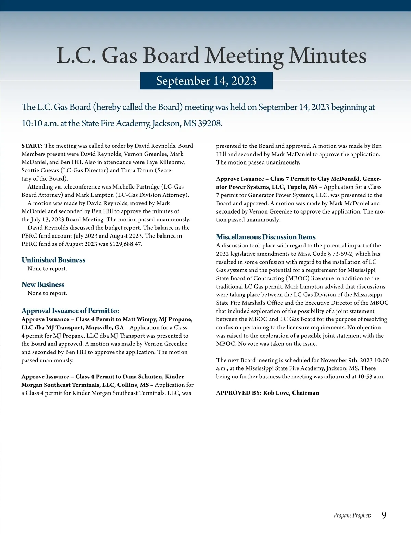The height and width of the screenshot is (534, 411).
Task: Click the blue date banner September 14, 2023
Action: click(206, 81)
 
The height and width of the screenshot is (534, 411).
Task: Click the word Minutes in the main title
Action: click(327, 56)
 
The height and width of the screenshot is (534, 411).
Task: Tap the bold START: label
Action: click(32, 146)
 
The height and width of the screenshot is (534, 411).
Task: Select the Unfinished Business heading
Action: click(53, 260)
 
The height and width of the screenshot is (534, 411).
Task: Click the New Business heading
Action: click(43, 284)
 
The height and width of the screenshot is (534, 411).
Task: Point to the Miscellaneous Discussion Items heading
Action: click(266, 237)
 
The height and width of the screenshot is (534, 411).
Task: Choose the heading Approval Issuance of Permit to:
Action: click(71, 311)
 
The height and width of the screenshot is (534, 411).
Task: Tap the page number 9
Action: click(384, 515)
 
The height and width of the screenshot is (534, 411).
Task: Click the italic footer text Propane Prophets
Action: click(352, 515)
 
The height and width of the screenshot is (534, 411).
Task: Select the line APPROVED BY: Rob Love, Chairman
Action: click(267, 393)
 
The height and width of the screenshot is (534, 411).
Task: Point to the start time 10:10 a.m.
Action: click(40, 123)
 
